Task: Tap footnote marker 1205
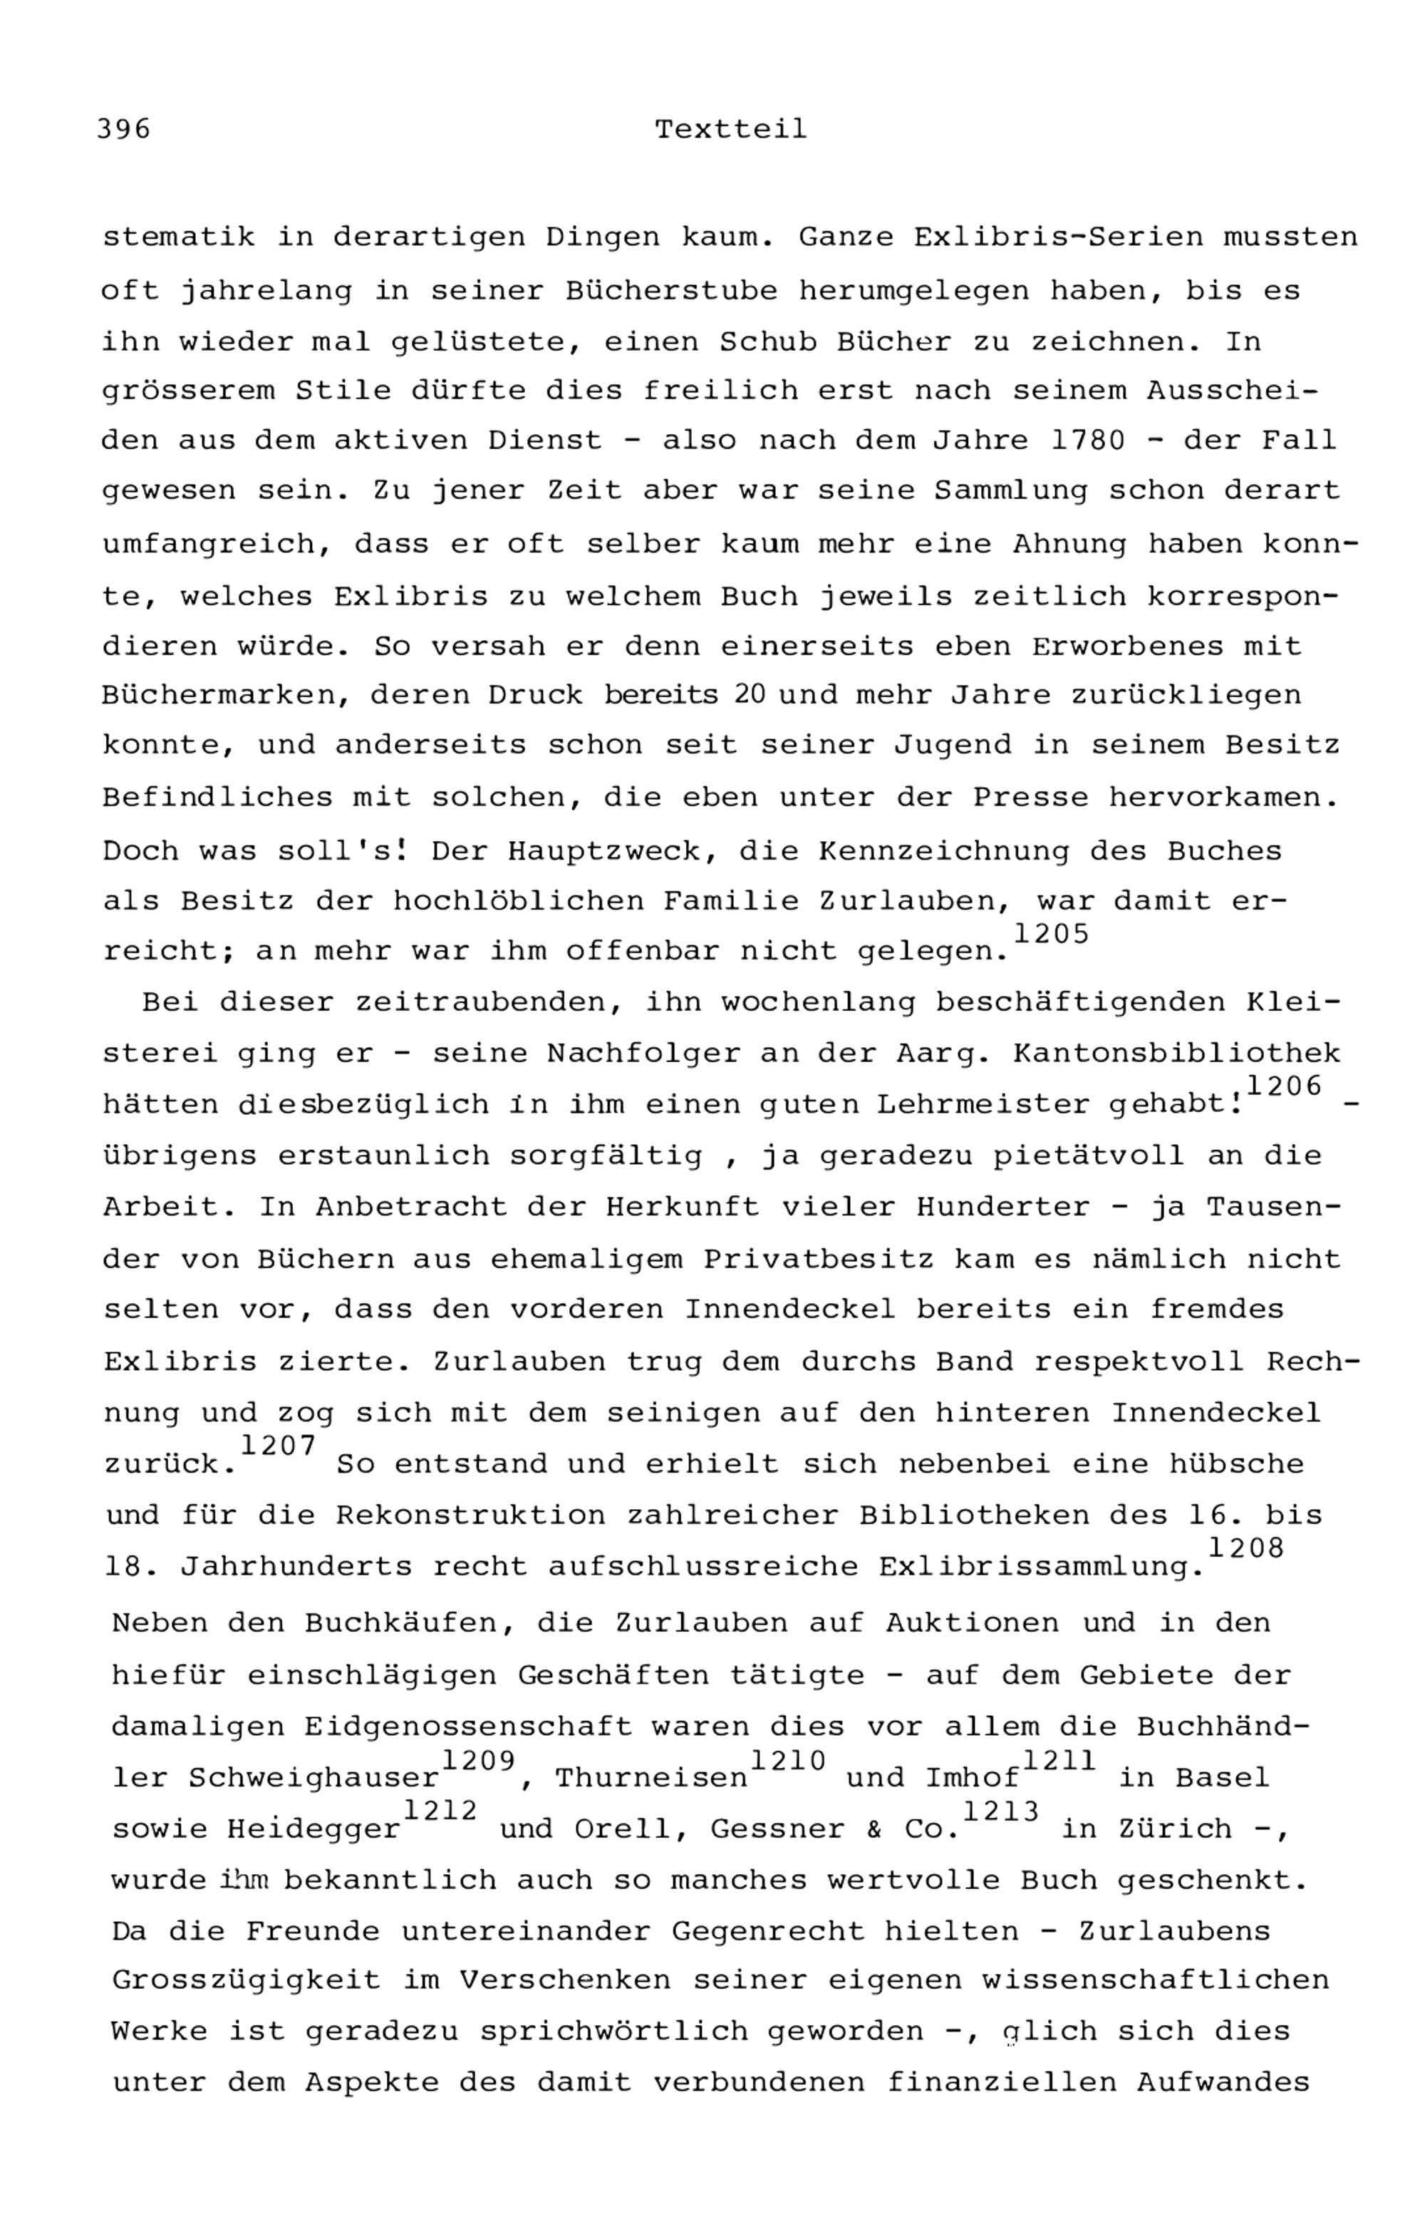click(x=1051, y=935)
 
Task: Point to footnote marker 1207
click(x=279, y=1445)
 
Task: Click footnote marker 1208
click(x=1246, y=1548)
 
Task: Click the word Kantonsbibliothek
click(x=1176, y=1054)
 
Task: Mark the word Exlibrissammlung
click(x=1043, y=1567)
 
